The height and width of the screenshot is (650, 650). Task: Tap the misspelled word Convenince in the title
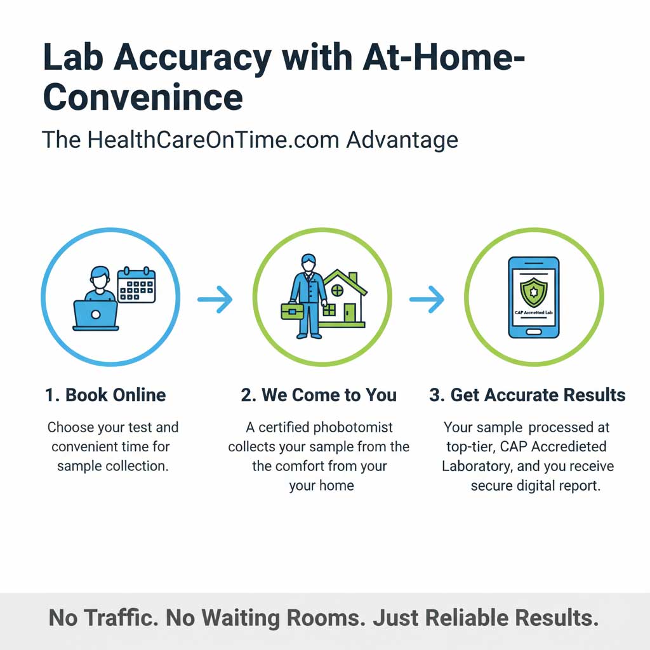143,97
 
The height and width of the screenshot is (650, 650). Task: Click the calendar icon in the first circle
136,285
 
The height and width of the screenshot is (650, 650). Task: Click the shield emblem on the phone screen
533,290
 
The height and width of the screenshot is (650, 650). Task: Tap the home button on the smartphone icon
534,331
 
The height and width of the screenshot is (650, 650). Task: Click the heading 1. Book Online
105,395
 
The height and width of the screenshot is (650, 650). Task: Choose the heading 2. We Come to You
319,395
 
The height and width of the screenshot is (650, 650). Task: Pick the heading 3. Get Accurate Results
527,395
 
